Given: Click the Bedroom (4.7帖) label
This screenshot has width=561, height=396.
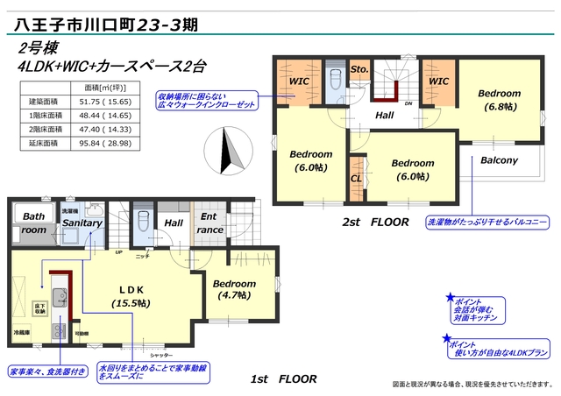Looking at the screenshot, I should click(234, 290).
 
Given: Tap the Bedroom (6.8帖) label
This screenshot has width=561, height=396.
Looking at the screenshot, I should click(500, 100).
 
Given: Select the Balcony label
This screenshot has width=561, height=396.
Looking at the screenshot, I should click(499, 160).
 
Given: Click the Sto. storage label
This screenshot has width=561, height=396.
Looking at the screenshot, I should click(359, 67).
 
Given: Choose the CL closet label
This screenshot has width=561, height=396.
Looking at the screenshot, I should click(356, 179).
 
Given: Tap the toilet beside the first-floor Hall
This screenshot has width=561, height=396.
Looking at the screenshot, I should click(142, 219).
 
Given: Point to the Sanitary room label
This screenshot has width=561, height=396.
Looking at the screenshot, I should click(82, 223).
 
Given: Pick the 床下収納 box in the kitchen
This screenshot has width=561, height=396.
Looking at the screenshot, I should click(40, 308).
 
